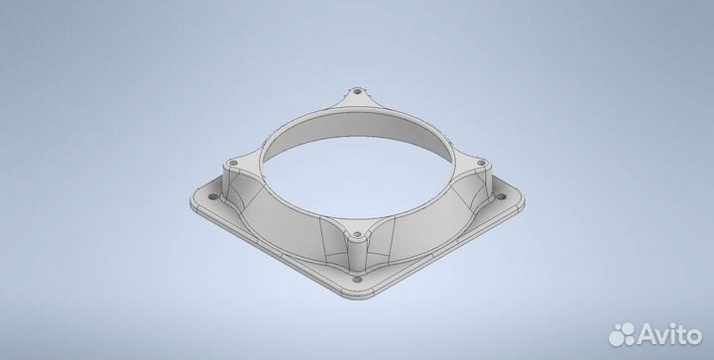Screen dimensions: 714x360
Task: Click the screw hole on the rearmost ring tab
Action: (x=357, y=91)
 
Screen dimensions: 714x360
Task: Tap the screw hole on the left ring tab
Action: (x=233, y=163)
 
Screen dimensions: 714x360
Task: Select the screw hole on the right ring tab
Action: (x=481, y=163)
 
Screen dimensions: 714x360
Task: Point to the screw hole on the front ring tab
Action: (x=357, y=234)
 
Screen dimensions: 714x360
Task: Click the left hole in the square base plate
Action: (x=213, y=196)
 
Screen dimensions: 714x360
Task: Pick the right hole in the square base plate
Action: (x=501, y=197)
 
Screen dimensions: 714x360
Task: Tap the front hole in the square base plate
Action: (x=357, y=279)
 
